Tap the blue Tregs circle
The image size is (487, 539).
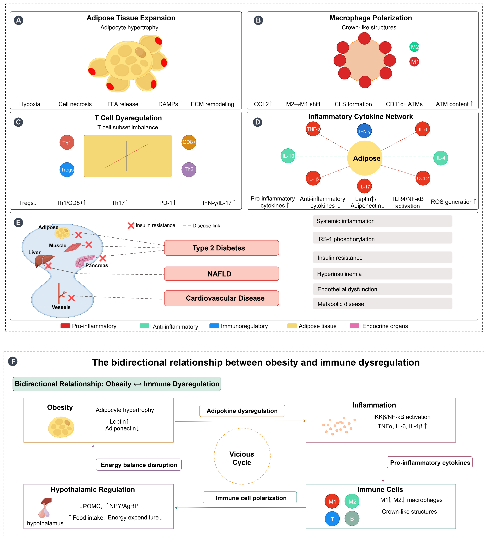click(x=67, y=170)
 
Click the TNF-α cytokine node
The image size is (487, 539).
click(x=313, y=129)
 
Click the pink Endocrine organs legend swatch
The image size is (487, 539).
click(x=354, y=326)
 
